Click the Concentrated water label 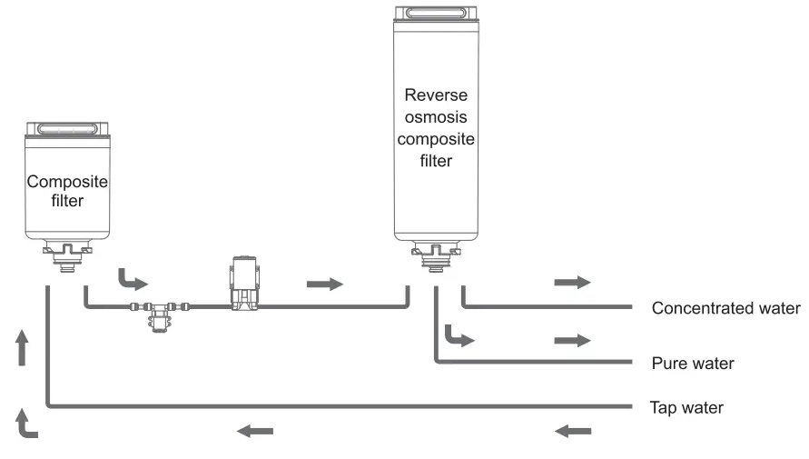point(725,308)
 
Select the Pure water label point(693,364)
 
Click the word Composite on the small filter point(67,182)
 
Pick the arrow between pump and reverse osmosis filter point(325,284)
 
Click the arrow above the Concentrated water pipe point(572,283)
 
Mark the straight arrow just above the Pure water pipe point(572,340)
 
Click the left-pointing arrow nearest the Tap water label point(572,431)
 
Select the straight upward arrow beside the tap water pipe point(23,348)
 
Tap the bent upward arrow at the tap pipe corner point(27,424)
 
